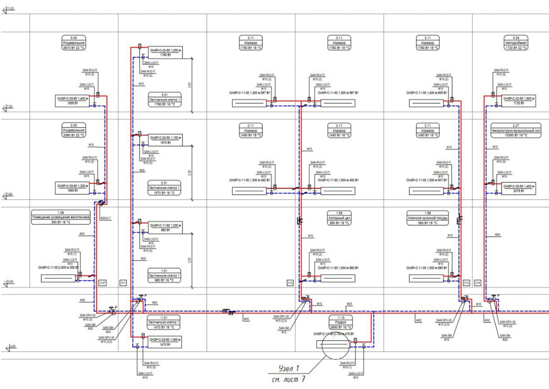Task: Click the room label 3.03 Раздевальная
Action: [74, 43]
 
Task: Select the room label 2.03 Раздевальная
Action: [74, 130]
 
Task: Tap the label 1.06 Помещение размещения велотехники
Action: [61, 217]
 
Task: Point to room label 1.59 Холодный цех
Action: [339, 217]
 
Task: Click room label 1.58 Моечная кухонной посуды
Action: [428, 217]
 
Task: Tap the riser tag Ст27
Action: [102, 283]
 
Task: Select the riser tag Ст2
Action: [290, 283]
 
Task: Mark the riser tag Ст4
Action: [477, 283]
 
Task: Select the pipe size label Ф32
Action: [488, 319]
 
